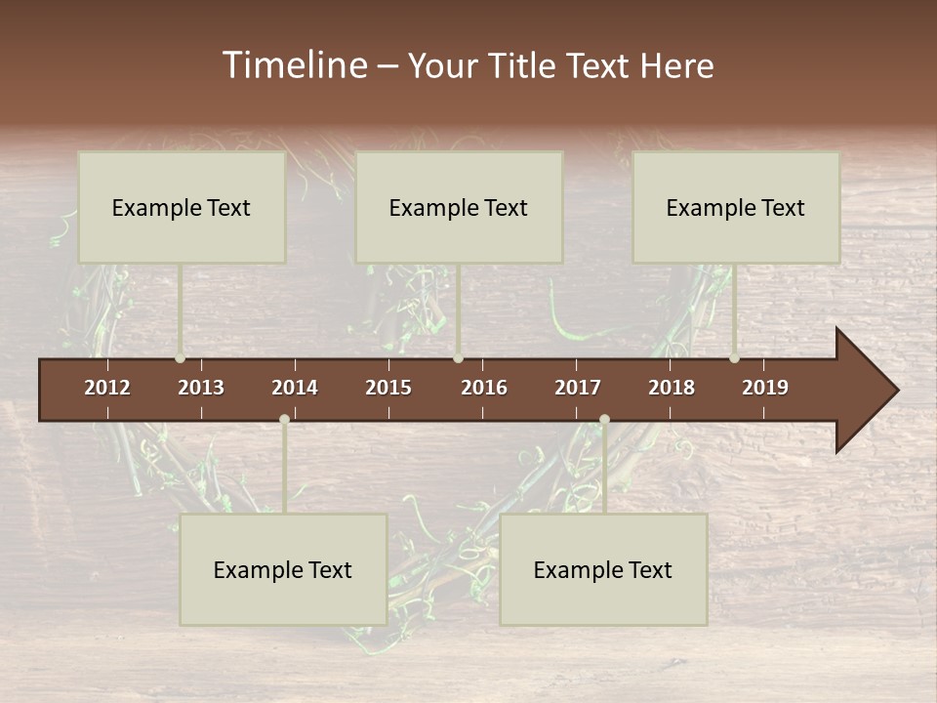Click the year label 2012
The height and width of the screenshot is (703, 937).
click(107, 388)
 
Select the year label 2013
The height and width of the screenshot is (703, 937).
click(201, 388)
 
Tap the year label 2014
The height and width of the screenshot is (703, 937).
click(295, 388)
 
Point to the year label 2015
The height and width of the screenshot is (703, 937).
click(388, 388)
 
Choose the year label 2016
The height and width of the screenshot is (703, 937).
click(484, 388)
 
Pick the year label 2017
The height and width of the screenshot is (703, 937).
click(578, 388)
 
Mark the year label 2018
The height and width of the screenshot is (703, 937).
click(672, 388)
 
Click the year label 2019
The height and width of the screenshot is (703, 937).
click(765, 388)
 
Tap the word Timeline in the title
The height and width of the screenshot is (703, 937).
click(293, 65)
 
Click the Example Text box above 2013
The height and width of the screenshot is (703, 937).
click(182, 207)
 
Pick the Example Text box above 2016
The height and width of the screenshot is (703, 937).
click(459, 207)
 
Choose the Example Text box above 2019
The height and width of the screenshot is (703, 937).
click(736, 207)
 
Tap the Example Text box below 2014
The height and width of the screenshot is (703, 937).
click(283, 569)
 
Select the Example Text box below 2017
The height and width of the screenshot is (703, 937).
click(603, 569)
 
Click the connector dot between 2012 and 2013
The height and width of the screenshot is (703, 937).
click(180, 358)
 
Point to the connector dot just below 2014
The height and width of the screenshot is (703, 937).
click(284, 420)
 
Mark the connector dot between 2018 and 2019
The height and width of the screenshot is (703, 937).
click(734, 358)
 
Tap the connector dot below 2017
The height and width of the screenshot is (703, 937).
click(604, 420)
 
